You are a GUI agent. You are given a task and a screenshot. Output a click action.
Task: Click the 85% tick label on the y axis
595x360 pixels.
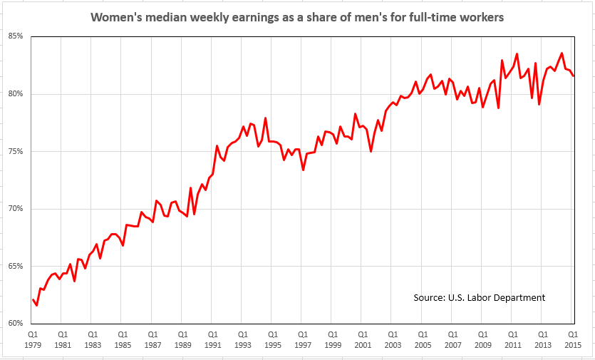pyautogui.click(x=15, y=36)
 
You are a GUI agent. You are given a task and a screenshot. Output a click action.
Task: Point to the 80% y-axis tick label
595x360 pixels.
pyautogui.click(x=15, y=93)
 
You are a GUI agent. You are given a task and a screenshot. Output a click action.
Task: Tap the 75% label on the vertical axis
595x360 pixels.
pyautogui.click(x=15, y=151)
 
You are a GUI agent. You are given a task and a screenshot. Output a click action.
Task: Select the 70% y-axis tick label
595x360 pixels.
pyautogui.click(x=15, y=208)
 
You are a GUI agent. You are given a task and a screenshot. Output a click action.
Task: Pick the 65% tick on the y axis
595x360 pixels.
pyautogui.click(x=15, y=266)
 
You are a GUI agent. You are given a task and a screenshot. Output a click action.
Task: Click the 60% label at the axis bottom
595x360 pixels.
pyautogui.click(x=15, y=323)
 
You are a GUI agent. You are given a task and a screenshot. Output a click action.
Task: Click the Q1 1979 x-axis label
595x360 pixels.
pyautogui.click(x=33, y=339)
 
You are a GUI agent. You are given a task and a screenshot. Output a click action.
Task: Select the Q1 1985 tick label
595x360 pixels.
pyautogui.click(x=123, y=339)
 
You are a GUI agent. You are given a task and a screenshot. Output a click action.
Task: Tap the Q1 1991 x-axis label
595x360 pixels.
pyautogui.click(x=212, y=339)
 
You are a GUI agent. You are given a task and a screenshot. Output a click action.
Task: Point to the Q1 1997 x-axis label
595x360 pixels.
pyautogui.click(x=303, y=339)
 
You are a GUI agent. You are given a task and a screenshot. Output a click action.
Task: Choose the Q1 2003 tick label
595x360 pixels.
pyautogui.click(x=393, y=339)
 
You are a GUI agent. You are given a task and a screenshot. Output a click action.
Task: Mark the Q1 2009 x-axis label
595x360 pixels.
pyautogui.click(x=482, y=339)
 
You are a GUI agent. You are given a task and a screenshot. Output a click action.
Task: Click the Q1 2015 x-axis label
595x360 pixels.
pyautogui.click(x=572, y=339)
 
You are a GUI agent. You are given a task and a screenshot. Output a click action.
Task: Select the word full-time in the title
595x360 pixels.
pyautogui.click(x=436, y=17)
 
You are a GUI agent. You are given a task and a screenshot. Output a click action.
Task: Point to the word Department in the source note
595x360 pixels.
pyautogui.click(x=519, y=297)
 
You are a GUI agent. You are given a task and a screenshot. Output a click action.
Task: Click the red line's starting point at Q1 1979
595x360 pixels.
pyautogui.click(x=33, y=299)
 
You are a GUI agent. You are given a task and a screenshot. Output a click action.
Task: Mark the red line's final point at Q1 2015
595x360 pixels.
pyautogui.click(x=574, y=76)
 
